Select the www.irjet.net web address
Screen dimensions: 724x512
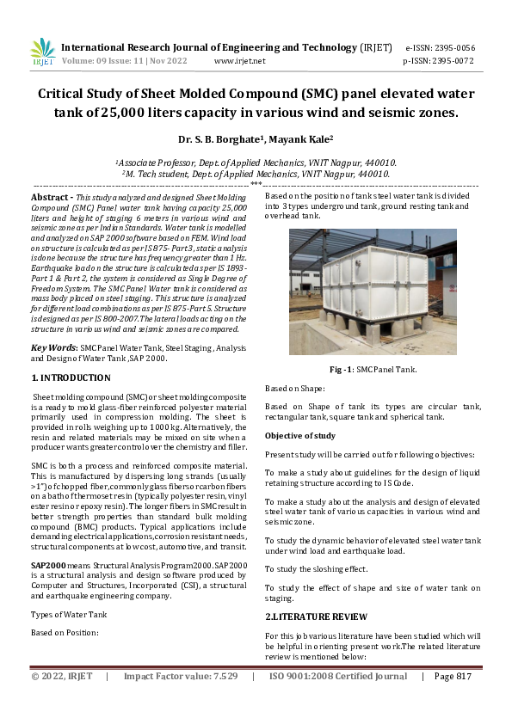click(x=239, y=61)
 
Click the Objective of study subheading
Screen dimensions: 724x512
click(x=300, y=436)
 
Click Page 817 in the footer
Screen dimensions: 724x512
click(x=453, y=700)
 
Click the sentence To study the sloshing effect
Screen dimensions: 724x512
click(x=316, y=569)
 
